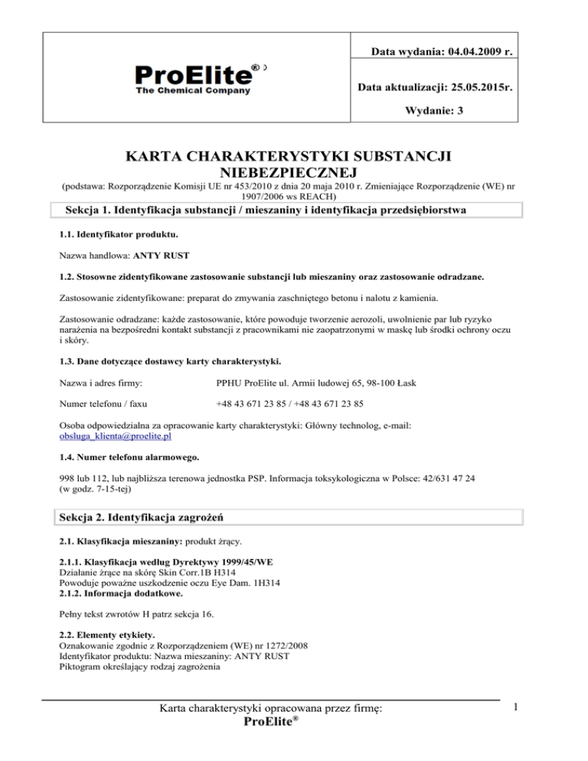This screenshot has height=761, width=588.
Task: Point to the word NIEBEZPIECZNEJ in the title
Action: (x=293, y=174)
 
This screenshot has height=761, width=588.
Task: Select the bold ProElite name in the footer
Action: (x=270, y=724)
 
